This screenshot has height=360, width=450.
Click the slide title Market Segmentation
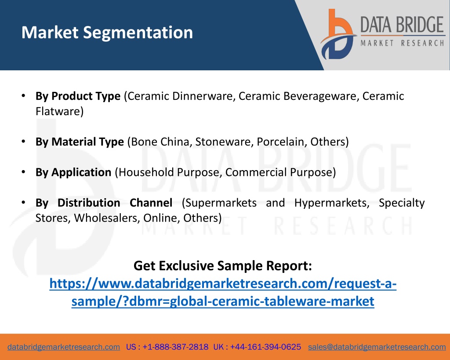(x=107, y=33)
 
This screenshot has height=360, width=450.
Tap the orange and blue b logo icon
(x=338, y=34)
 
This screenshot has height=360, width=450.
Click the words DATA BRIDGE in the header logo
(x=402, y=25)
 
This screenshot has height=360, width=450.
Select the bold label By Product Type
(x=78, y=96)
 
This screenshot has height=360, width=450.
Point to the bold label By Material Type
(x=80, y=142)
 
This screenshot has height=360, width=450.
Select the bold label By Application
(x=73, y=172)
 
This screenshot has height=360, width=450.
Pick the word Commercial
(x=256, y=172)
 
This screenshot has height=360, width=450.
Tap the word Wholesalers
(x=107, y=218)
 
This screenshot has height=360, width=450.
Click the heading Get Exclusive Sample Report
(x=223, y=265)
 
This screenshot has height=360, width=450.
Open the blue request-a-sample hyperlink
(x=223, y=292)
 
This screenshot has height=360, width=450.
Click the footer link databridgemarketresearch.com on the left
(x=64, y=347)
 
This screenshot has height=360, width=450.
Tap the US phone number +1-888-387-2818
(x=175, y=347)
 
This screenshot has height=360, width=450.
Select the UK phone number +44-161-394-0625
(x=265, y=347)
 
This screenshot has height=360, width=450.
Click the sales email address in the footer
(x=377, y=347)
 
